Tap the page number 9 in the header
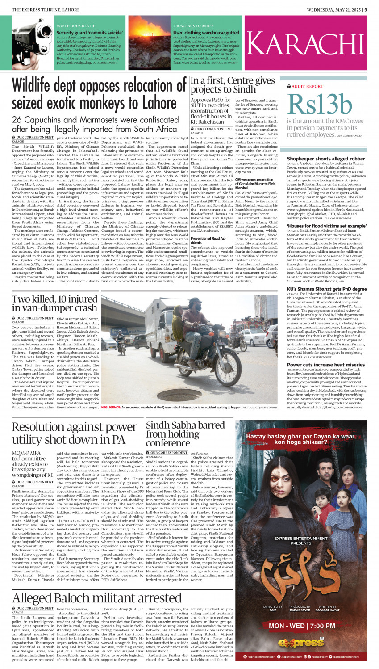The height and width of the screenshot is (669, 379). [x=366, y=9]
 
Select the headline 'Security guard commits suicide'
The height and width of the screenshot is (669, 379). [x=90, y=33]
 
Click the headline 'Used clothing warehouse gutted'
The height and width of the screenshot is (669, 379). [x=206, y=33]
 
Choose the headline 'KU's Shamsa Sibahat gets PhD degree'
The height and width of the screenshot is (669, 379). [x=326, y=289]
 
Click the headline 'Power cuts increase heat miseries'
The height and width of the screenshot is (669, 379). [x=326, y=365]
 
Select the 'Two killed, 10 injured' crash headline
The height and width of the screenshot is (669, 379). [x=54, y=303]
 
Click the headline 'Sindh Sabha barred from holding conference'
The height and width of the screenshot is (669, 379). [x=185, y=434]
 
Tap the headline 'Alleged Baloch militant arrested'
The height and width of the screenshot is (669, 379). [x=96, y=597]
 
